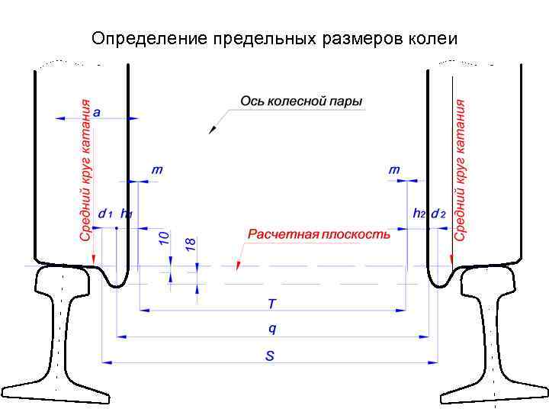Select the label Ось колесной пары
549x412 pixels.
point(301,101)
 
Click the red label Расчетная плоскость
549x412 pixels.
point(319,234)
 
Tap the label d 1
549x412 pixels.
point(105,214)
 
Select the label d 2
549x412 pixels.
point(438,214)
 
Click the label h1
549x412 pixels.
point(127,214)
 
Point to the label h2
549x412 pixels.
point(419,214)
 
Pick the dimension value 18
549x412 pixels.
point(191,244)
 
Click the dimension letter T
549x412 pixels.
point(271,304)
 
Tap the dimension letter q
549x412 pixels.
point(272,329)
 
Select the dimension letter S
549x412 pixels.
point(269,355)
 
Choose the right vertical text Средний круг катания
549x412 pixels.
point(460,171)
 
